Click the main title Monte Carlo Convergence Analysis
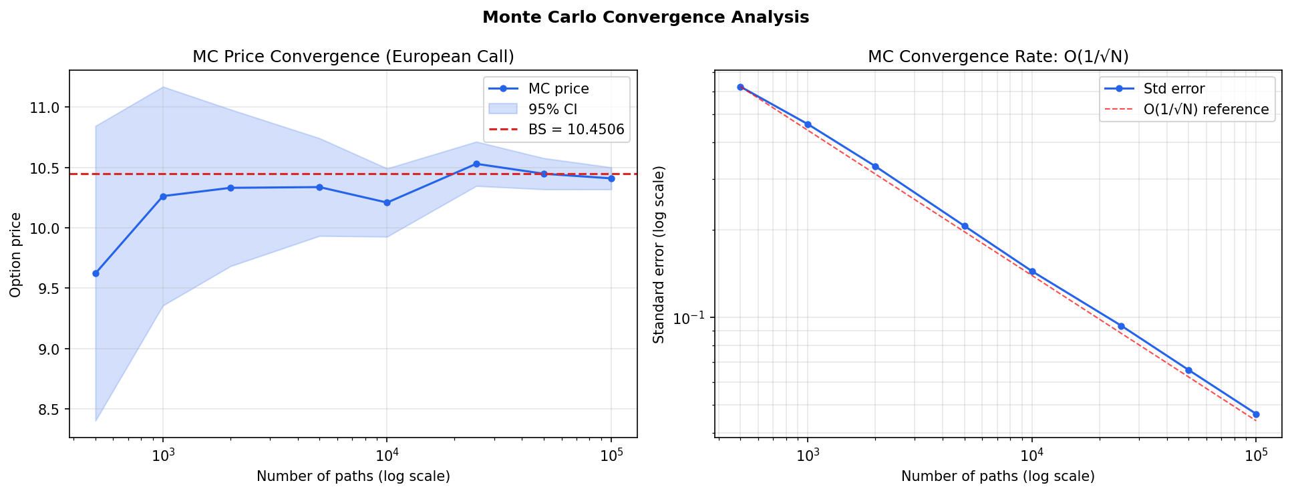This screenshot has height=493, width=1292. [x=645, y=17]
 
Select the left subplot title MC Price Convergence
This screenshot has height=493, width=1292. [x=353, y=57]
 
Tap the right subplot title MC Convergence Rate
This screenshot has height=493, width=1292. [x=997, y=57]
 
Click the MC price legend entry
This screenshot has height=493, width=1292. [x=558, y=89]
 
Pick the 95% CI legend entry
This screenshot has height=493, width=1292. [x=552, y=109]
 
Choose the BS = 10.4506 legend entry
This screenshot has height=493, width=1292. [x=575, y=130]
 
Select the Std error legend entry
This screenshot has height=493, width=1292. [x=1173, y=89]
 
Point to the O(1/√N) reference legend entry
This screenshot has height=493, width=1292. [x=1205, y=109]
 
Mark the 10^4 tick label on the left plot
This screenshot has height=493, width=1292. [x=387, y=456]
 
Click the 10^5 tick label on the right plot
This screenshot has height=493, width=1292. [x=1256, y=456]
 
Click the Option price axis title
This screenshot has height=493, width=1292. [x=16, y=255]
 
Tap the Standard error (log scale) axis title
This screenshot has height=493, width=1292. [x=659, y=255]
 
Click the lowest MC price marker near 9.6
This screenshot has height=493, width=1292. [x=96, y=273]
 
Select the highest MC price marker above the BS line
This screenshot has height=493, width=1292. [x=476, y=164]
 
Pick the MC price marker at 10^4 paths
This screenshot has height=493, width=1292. [x=387, y=202]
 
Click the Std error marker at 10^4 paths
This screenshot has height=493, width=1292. [x=1032, y=271]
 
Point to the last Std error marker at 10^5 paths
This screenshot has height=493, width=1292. [x=1256, y=414]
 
